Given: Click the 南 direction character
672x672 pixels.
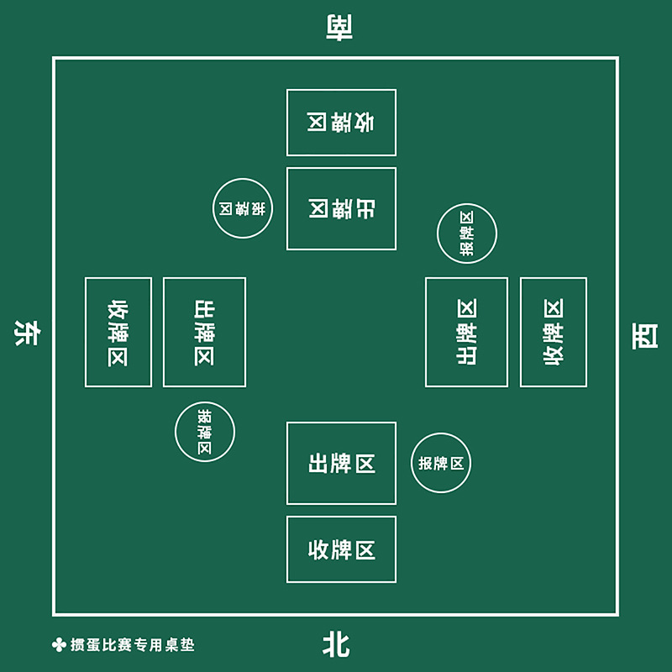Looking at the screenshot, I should coord(338,27).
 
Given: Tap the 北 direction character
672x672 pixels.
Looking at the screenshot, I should coord(336,645).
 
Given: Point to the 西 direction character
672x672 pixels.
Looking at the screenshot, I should coord(645,336).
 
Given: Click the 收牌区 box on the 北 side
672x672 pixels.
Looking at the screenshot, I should coord(341,550).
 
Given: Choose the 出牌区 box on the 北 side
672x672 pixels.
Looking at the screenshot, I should coord(341,463).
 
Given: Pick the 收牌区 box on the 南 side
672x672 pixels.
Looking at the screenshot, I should coord(341,123).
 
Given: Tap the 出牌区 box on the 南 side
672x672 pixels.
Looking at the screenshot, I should coord(341,208).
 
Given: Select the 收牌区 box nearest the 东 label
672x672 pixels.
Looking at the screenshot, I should coord(118,332).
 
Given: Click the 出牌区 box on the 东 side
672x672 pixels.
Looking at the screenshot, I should coord(204,332).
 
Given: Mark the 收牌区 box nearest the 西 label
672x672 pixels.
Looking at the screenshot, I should coord(554,332).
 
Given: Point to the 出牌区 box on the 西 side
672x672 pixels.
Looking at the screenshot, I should coord(466,332).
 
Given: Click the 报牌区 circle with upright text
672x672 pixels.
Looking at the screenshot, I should coord(441,463).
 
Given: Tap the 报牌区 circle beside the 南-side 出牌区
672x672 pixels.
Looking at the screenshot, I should coord(243,208).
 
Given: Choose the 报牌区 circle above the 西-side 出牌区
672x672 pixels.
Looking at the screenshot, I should coord(467,234).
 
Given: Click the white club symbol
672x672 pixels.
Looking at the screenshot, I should coord(58,645).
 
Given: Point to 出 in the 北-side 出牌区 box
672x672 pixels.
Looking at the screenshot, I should coord(318,463).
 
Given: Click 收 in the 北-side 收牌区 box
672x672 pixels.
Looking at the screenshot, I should coord(318,550).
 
